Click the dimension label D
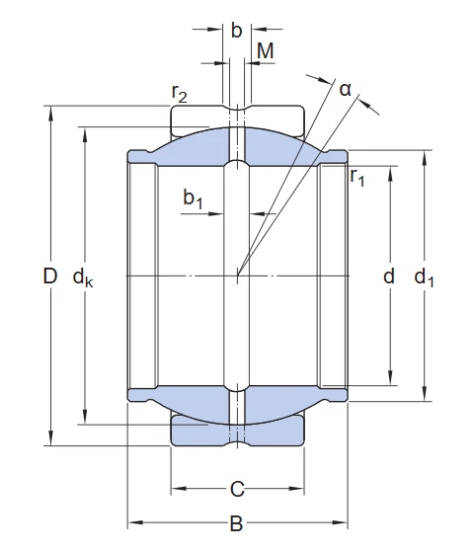coord(50,277)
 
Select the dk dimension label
coord(84,278)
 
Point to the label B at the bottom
coord(237,523)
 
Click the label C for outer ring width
coord(237,488)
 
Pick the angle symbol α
coord(346,90)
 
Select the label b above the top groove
coord(236,31)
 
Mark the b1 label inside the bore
coord(194,199)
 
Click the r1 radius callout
coord(357,178)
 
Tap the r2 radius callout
coord(180,93)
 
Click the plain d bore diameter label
coord(389,277)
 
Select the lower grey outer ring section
coord(198,430)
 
